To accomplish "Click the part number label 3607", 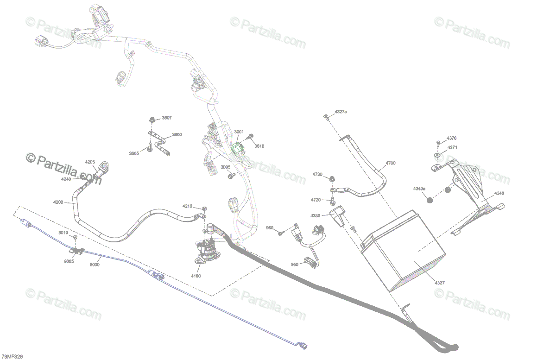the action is [x=166, y=118].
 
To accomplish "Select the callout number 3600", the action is [x=177, y=135].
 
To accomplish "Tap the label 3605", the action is [x=134, y=153].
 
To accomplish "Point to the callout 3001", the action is [x=239, y=132].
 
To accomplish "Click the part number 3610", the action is [x=259, y=146].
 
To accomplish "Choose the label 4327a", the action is [x=341, y=112].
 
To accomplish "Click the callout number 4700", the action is [x=391, y=163].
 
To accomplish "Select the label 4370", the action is [x=451, y=138].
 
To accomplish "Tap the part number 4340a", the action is [x=419, y=189].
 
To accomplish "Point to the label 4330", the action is [x=315, y=216].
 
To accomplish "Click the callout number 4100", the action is [x=196, y=276].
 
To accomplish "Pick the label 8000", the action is [x=95, y=265].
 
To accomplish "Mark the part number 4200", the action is [x=58, y=202].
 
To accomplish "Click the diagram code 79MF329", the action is [x=12, y=356].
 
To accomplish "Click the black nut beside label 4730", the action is [x=332, y=178].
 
